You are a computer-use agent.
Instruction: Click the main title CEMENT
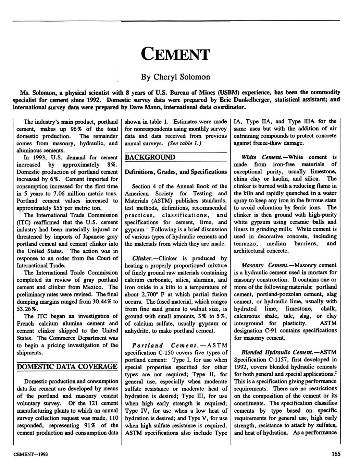(x=175, y=54)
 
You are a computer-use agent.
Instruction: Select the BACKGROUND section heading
(x=150, y=157)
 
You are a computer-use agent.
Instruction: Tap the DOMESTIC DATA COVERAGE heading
(x=67, y=366)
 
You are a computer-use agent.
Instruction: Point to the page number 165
(x=336, y=454)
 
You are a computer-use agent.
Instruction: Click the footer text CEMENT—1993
(x=30, y=454)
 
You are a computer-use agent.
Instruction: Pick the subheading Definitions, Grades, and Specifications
(x=176, y=171)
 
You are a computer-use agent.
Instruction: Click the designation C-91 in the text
(x=274, y=330)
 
